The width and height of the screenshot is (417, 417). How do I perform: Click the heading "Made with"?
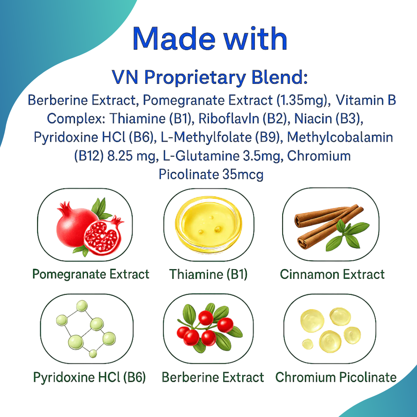(x=210, y=39)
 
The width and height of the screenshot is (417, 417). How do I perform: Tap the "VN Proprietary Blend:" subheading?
(x=210, y=77)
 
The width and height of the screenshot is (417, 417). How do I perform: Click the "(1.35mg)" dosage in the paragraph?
(x=302, y=100)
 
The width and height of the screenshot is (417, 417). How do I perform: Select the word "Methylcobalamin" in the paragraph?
(x=340, y=137)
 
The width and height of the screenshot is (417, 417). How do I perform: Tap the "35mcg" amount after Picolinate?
(x=243, y=175)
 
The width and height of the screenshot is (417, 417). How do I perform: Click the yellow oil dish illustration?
(x=208, y=224)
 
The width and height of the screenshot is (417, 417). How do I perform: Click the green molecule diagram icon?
(x=86, y=329)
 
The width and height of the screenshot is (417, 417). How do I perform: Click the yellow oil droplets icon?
(x=330, y=330)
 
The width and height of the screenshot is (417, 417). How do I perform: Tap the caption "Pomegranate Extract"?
(x=91, y=274)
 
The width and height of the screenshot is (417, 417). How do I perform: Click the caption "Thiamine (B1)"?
(x=208, y=274)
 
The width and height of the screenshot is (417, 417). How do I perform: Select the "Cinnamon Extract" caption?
(x=332, y=274)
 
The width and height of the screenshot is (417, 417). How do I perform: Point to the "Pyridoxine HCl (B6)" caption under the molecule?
(x=89, y=377)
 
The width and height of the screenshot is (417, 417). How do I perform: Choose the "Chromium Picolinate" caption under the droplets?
(x=336, y=377)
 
